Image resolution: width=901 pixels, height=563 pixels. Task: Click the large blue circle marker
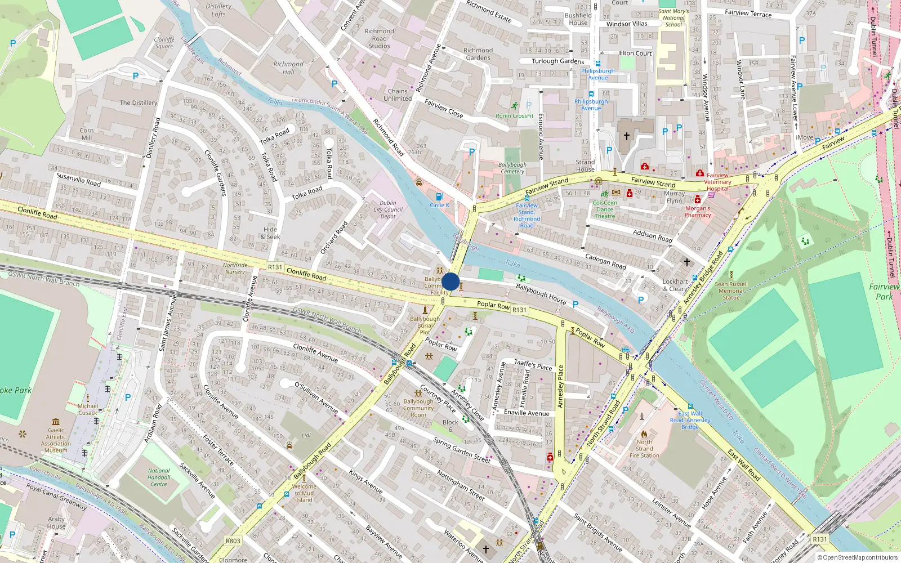[x=450, y=281]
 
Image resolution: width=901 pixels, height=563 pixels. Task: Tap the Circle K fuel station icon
[x=439, y=196]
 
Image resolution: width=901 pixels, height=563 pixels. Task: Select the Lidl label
[x=306, y=435]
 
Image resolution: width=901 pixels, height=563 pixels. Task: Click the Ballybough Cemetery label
[x=512, y=168]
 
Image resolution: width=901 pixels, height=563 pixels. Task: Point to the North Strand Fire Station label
[x=644, y=449]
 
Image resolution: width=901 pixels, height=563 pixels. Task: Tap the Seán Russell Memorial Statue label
[x=731, y=291]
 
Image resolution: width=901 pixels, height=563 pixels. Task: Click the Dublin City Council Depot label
[x=388, y=209]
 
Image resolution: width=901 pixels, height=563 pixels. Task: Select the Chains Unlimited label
[x=398, y=95]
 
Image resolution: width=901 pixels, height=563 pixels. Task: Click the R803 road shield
[x=233, y=541]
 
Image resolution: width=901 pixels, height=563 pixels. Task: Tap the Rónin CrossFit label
[x=514, y=115]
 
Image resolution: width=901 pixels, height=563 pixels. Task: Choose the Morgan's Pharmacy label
[x=698, y=212]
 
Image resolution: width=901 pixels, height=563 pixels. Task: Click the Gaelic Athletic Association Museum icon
[x=56, y=422]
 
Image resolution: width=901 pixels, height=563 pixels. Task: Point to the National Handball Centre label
[x=159, y=477]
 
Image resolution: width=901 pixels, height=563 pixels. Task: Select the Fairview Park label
[x=884, y=292]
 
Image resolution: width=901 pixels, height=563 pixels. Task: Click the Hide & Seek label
[x=270, y=233]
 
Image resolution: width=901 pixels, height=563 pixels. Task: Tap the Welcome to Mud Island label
[x=304, y=493]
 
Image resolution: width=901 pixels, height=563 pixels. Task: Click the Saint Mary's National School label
[x=673, y=18]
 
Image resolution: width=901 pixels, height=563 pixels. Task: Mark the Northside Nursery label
[x=235, y=268]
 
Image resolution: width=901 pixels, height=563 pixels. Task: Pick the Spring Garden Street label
[x=461, y=450]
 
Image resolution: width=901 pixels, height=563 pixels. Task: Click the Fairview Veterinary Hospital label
[x=717, y=182]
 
